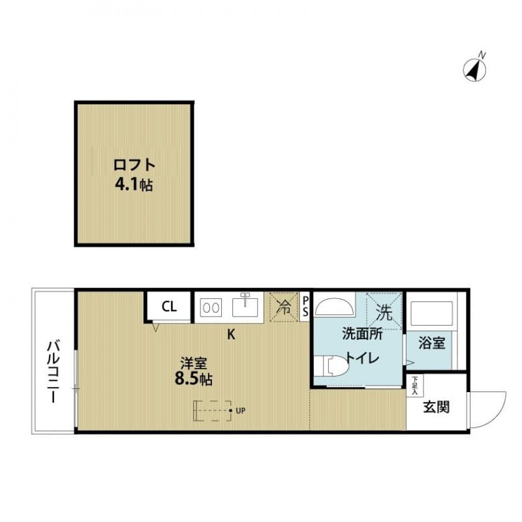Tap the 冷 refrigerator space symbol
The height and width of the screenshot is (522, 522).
pyautogui.click(x=284, y=307)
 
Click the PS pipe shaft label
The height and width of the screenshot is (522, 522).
pyautogui.click(x=305, y=307)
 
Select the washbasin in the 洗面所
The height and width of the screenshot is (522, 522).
pyautogui.click(x=335, y=305)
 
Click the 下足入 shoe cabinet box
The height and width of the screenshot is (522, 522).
pyautogui.click(x=414, y=386)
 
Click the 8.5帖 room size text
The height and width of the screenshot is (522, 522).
pyautogui.click(x=194, y=379)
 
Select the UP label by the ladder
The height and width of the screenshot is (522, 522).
pyautogui.click(x=241, y=411)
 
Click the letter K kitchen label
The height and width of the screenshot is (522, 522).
pyautogui.click(x=231, y=335)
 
